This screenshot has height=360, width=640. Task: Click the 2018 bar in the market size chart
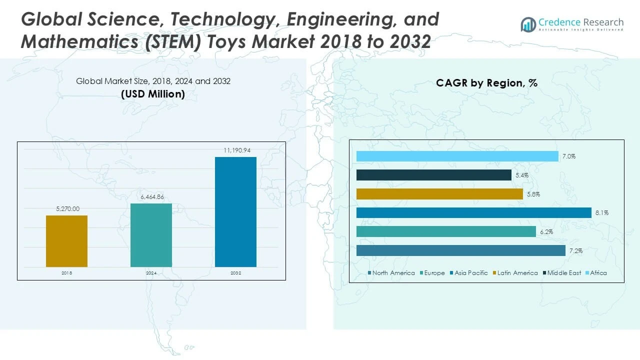(66, 241)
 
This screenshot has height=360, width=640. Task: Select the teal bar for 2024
(151, 235)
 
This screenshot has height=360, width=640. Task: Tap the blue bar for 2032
(235, 212)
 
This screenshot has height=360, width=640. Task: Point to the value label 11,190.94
(235, 150)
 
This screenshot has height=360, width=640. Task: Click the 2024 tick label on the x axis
(151, 273)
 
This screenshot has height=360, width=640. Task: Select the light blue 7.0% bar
(457, 156)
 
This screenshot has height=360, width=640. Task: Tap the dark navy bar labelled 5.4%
(433, 175)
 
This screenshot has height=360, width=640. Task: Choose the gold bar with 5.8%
(439, 194)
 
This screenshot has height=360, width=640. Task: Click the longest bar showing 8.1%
(473, 213)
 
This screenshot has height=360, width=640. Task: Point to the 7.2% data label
(576, 250)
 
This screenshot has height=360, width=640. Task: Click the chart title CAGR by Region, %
(486, 83)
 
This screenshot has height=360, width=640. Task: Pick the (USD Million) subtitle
(153, 93)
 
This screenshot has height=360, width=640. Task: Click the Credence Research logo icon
(528, 24)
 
